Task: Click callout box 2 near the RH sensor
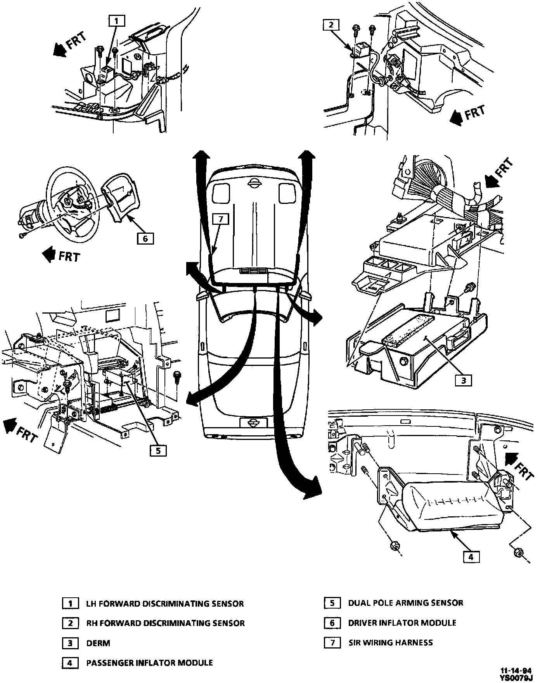[331, 25]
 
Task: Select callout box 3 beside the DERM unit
[463, 380]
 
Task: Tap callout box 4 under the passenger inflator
[471, 557]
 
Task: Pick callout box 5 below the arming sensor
[157, 450]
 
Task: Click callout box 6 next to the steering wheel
[145, 238]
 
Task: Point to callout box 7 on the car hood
[220, 219]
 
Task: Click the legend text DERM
[98, 643]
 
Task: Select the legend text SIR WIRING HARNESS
[390, 643]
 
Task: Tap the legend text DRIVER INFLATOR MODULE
[402, 623]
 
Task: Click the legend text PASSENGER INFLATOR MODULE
[149, 663]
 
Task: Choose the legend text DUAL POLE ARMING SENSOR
[405, 603]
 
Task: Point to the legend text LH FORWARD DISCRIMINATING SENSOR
[165, 604]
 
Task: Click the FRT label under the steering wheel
[69, 256]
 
